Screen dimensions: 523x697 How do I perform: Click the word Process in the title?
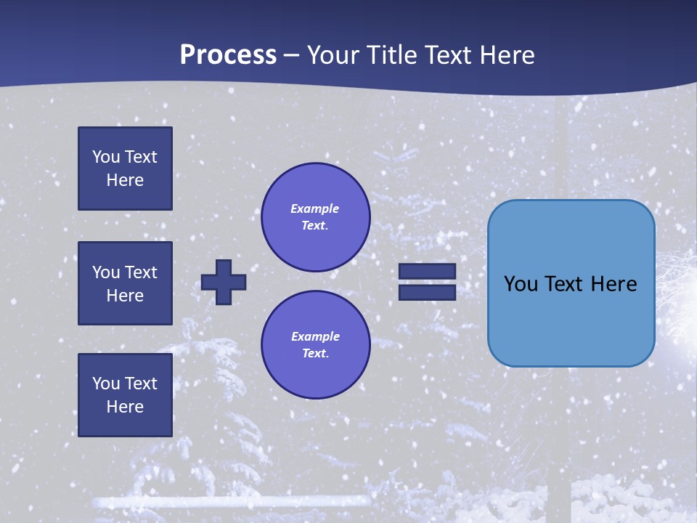click(x=228, y=54)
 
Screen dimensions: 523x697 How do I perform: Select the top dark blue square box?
click(x=125, y=169)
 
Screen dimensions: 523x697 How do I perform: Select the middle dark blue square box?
click(x=125, y=283)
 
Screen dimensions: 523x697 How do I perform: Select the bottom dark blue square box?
click(x=125, y=394)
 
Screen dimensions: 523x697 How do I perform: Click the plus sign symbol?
click(x=224, y=282)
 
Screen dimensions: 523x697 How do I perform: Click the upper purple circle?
click(x=315, y=217)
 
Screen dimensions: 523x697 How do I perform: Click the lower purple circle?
click(x=315, y=345)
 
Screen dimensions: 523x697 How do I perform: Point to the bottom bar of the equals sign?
click(x=427, y=292)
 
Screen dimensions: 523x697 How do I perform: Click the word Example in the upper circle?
click(x=314, y=208)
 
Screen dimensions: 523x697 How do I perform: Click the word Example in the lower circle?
click(x=315, y=336)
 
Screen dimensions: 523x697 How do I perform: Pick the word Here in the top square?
click(x=125, y=180)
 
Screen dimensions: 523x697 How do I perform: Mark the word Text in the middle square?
click(x=140, y=272)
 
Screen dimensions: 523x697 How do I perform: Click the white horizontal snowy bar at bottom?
click(x=232, y=501)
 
